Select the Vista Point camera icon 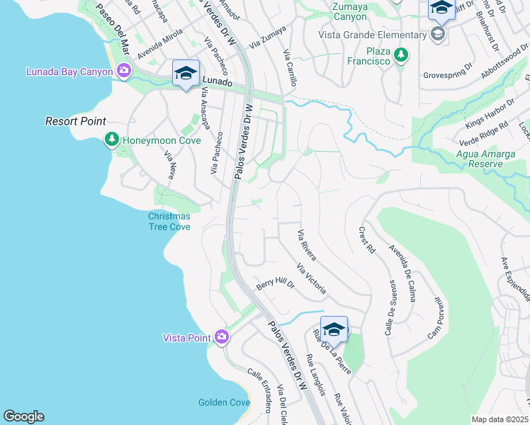pyautogui.click(x=222, y=336)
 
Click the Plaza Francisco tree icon pyautogui.click(x=401, y=54)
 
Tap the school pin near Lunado pyautogui.click(x=186, y=73)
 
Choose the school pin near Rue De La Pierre pyautogui.click(x=334, y=329)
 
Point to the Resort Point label pyautogui.click(x=76, y=122)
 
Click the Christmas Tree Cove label pyautogui.click(x=169, y=221)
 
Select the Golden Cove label pyautogui.click(x=224, y=402)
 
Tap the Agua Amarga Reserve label pyautogui.click(x=486, y=159)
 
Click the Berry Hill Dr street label pyautogui.click(x=275, y=284)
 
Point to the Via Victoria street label pyautogui.click(x=312, y=278)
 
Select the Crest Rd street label pyautogui.click(x=366, y=239)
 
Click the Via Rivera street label pyautogui.click(x=306, y=245)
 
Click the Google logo pyautogui.click(x=23, y=416)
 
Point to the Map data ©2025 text pyautogui.click(x=500, y=419)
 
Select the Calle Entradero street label pyautogui.click(x=259, y=390)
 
